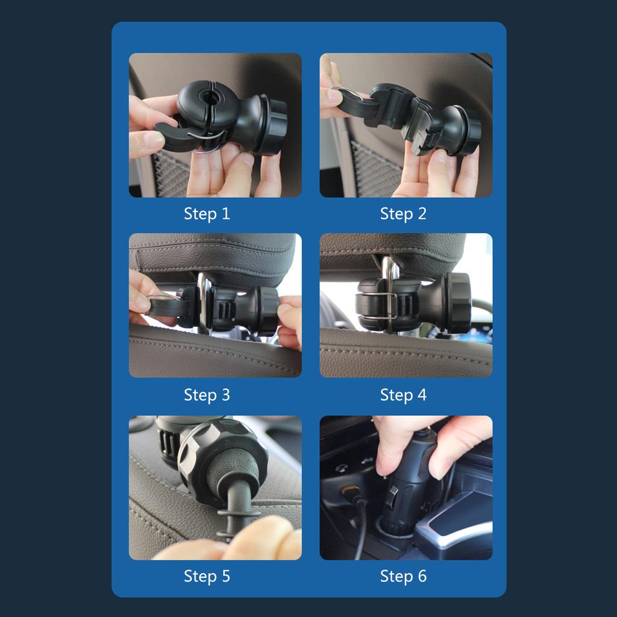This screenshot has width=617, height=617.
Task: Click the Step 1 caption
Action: (207, 214)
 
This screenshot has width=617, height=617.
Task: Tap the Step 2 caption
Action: (403, 214)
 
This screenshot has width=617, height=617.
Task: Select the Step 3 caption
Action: (207, 395)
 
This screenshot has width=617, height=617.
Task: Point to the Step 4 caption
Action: (403, 395)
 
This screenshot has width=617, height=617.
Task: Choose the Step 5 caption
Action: (207, 576)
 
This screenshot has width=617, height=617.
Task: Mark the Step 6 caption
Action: (403, 576)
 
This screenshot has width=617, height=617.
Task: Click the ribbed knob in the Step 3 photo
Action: (268, 310)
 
